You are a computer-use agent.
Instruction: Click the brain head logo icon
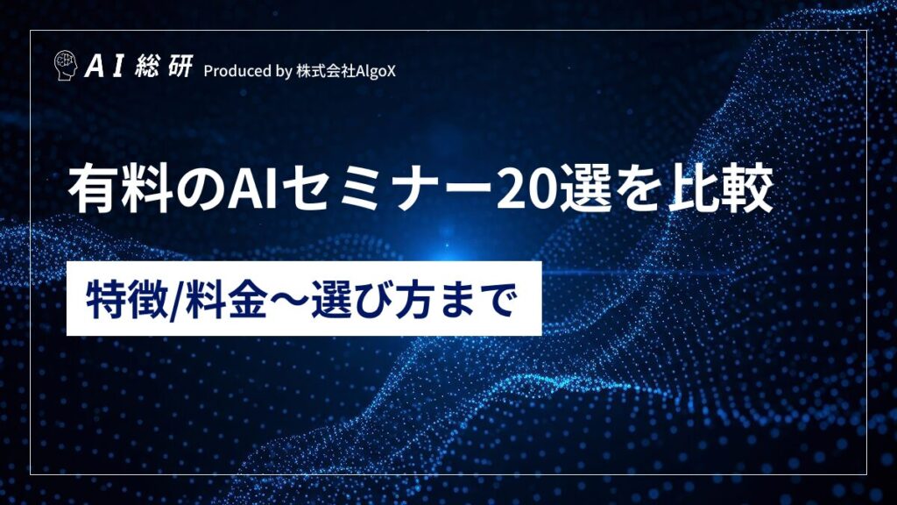65,65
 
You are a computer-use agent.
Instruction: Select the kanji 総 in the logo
147,67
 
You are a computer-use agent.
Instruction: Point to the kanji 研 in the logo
180,67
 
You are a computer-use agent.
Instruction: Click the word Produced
237,71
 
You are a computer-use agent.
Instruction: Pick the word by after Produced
284,72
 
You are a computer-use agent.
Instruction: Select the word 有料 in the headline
120,189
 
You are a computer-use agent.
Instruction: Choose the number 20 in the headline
526,190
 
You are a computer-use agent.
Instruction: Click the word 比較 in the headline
721,189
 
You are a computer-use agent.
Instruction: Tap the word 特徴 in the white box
128,299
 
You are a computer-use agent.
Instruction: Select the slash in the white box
177,300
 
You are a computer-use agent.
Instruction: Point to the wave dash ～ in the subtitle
289,300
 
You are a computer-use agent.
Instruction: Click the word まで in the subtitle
476,299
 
